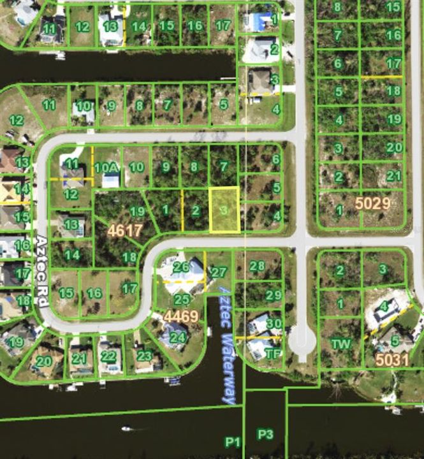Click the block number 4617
[x=124, y=229]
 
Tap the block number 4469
[x=181, y=316]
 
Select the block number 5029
[x=372, y=204]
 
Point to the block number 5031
[x=391, y=360]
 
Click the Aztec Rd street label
[x=41, y=272]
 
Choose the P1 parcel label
[x=232, y=442]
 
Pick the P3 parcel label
[x=265, y=434]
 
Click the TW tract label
[x=340, y=344]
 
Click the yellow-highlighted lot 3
[x=224, y=209]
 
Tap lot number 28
[x=257, y=266]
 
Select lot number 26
[x=180, y=267]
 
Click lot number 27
[x=219, y=272]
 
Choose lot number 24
[x=177, y=337]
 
